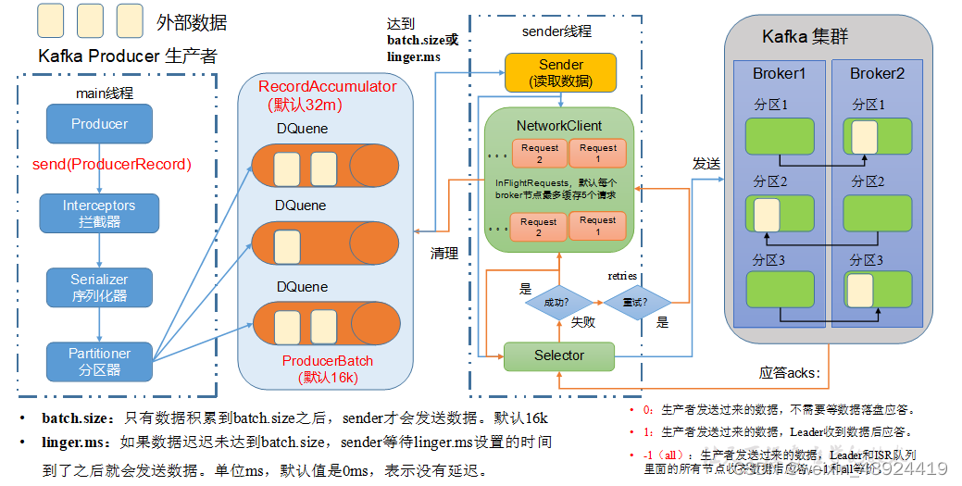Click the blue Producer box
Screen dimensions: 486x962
pyautogui.click(x=99, y=124)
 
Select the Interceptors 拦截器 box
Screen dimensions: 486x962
pyautogui.click(x=99, y=214)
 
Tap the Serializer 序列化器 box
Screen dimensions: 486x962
pyautogui.click(x=99, y=288)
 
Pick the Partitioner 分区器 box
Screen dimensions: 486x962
pyautogui.click(x=99, y=361)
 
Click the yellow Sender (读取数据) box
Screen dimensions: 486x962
pyautogui.click(x=560, y=73)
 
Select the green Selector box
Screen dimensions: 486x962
pyautogui.click(x=558, y=355)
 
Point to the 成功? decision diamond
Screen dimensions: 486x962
pyautogui.click(x=556, y=301)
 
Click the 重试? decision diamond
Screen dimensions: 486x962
pyautogui.click(x=637, y=301)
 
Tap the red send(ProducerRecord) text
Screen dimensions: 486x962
pyautogui.click(x=118, y=165)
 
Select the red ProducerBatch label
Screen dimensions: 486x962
pyautogui.click(x=327, y=360)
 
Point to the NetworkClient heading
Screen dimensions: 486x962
pyautogui.click(x=558, y=125)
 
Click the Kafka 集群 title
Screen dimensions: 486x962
pyautogui.click(x=805, y=37)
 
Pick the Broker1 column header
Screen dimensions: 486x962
pyautogui.click(x=779, y=74)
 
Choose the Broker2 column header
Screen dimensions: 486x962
pyautogui.click(x=876, y=74)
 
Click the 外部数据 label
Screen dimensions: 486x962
pyautogui.click(x=193, y=22)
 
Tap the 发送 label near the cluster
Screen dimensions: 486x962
pyautogui.click(x=706, y=163)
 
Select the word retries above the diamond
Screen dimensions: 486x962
pyautogui.click(x=621, y=275)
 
